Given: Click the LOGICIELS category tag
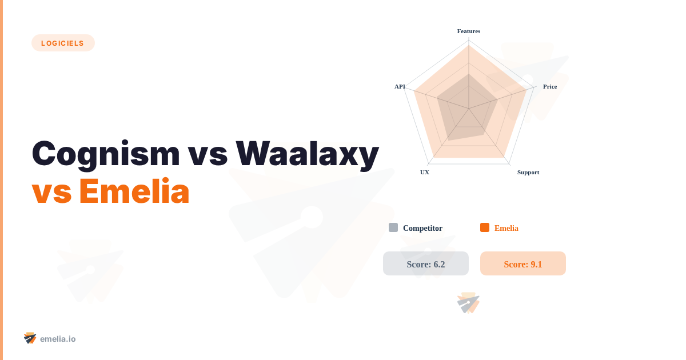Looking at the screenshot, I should click(x=63, y=43).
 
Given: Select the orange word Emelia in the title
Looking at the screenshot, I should click(x=134, y=191).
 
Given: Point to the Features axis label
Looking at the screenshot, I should click(x=469, y=31).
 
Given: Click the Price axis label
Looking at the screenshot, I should click(x=550, y=86).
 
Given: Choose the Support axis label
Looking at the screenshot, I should click(x=528, y=172).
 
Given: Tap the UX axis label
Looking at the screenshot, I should click(x=425, y=172).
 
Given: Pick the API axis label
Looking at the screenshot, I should click(x=400, y=86).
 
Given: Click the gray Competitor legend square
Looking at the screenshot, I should click(x=393, y=227).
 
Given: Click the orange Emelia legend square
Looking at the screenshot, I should click(x=485, y=227).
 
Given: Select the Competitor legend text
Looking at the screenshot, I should click(x=422, y=228).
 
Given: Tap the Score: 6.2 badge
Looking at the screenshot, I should click(x=426, y=264).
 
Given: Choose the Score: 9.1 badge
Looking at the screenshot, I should click(x=523, y=264).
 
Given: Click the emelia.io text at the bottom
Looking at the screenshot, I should click(x=58, y=339).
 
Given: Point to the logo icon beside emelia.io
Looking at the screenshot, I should click(x=30, y=338).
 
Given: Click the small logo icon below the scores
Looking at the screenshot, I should click(x=468, y=303).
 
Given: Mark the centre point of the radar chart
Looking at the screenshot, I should click(x=469, y=109).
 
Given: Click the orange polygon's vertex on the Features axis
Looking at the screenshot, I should click(x=469, y=46).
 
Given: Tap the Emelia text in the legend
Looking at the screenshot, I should click(x=506, y=228).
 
